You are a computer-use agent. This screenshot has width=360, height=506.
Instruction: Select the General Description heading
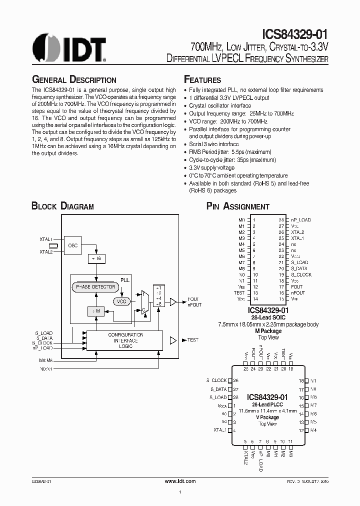(x=74, y=80)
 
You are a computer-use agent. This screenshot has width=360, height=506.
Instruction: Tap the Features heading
(x=202, y=80)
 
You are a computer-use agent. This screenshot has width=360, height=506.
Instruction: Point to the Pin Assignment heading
(x=238, y=206)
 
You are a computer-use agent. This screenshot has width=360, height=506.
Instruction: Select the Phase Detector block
(x=95, y=287)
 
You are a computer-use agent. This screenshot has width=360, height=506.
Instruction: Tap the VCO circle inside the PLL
(x=121, y=302)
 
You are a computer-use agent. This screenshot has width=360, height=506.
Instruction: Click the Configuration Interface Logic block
(x=125, y=340)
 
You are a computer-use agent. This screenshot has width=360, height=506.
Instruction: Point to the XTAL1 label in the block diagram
(x=46, y=240)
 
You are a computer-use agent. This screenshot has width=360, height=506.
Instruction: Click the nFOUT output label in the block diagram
(x=194, y=305)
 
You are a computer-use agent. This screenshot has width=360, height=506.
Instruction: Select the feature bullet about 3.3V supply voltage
(x=211, y=167)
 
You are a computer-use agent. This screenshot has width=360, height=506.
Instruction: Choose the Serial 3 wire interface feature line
(x=214, y=144)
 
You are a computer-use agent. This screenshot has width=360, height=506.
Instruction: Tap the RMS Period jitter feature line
(x=230, y=152)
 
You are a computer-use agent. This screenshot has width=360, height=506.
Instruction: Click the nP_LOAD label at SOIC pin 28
(x=301, y=220)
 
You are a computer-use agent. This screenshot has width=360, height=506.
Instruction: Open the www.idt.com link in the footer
(x=180, y=480)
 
